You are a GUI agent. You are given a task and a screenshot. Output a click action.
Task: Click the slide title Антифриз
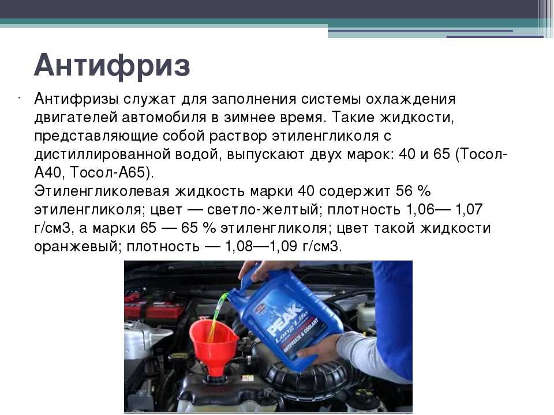[112, 66]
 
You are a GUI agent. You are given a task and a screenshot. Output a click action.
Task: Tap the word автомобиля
[164, 117]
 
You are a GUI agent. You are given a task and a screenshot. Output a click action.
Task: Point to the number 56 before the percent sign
[404, 191]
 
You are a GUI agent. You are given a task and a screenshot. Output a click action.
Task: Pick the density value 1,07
[469, 210]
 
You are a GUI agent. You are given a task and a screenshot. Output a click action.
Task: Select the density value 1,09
[283, 246]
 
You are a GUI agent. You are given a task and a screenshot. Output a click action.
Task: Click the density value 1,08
[239, 246]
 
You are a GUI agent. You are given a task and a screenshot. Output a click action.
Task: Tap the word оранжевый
[76, 246]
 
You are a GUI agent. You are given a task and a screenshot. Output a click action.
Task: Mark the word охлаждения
[410, 99]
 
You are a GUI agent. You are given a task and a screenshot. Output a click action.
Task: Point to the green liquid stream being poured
[218, 315]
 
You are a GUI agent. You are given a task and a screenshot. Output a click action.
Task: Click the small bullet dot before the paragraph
[18, 96]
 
